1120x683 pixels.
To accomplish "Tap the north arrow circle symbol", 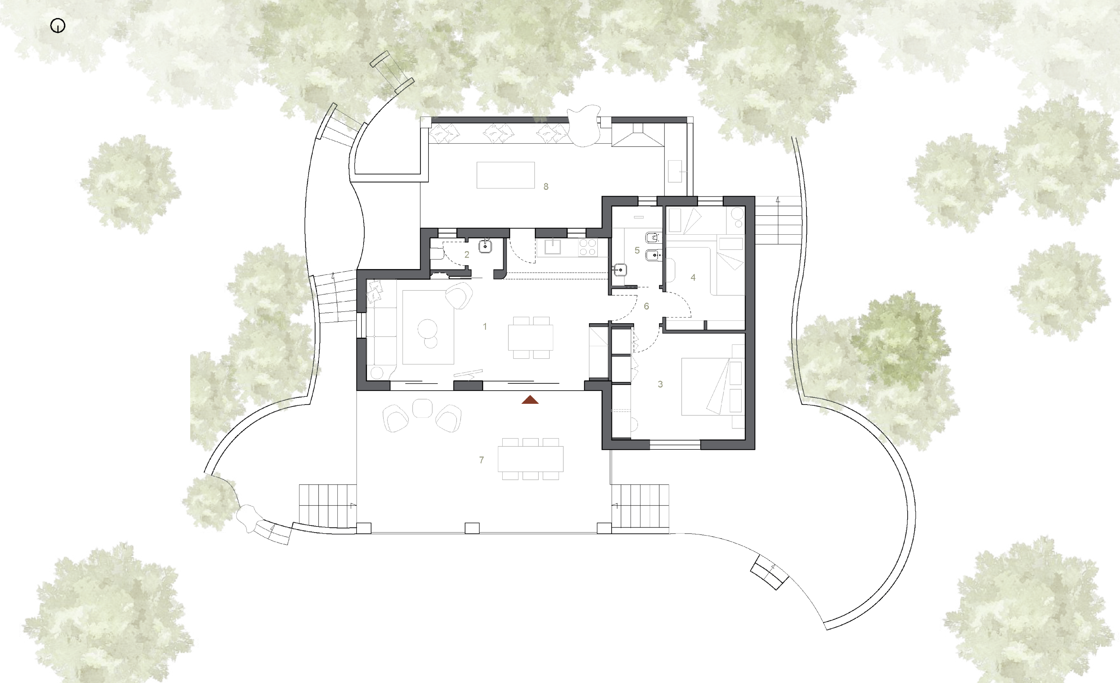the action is [x=58, y=26].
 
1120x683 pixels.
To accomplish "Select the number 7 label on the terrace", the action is [x=481, y=460].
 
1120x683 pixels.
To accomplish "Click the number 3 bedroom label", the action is [x=661, y=384].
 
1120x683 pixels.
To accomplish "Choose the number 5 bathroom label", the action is [x=637, y=250].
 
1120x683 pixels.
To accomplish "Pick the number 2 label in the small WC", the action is [x=467, y=255].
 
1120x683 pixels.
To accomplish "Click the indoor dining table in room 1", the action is [x=530, y=337].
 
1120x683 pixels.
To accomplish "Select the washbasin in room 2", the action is [x=485, y=246].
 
